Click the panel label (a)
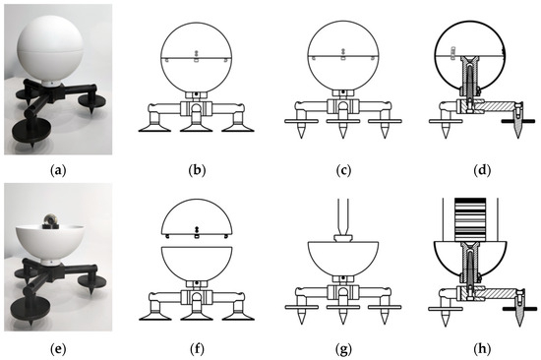(x=58, y=170)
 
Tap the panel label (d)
(x=482, y=170)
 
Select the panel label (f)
(x=197, y=349)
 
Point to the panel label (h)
(x=482, y=349)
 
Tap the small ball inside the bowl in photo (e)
(x=50, y=219)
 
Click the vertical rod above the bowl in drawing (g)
(x=342, y=216)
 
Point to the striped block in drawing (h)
(x=470, y=219)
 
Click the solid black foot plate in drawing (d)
(x=518, y=121)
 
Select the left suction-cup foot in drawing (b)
(x=154, y=125)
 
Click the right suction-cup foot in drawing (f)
(x=238, y=312)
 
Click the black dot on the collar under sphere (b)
(x=197, y=93)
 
